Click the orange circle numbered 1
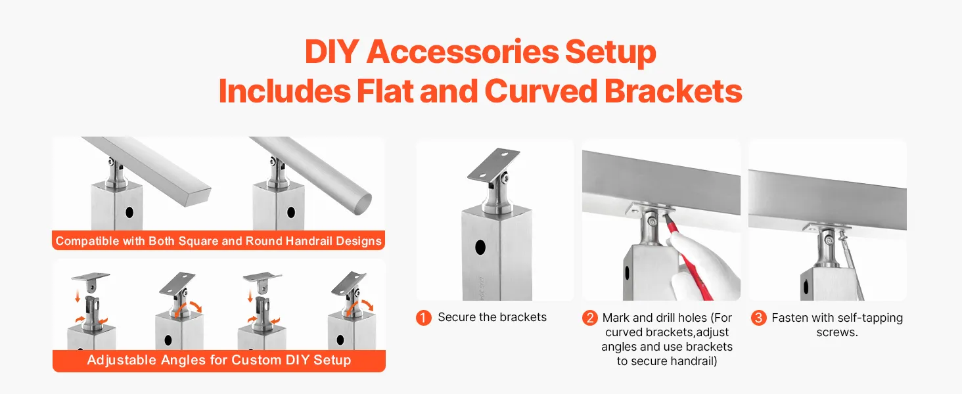click(423, 318)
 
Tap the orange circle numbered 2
click(589, 318)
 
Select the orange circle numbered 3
click(758, 318)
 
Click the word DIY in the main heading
click(332, 52)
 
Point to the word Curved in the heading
click(541, 91)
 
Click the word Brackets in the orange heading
click(674, 91)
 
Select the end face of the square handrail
click(198, 196)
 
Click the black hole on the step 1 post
click(480, 247)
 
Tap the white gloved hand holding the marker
click(704, 266)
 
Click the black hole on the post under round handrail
click(290, 212)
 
